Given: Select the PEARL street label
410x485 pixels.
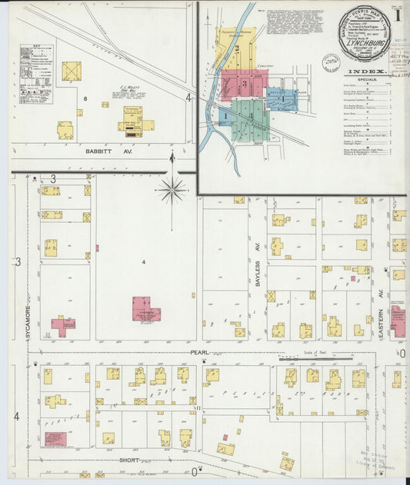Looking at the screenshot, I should point(198,351).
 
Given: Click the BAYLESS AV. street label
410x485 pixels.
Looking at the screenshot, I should point(258,273).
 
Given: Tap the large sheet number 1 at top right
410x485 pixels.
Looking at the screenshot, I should point(399,14).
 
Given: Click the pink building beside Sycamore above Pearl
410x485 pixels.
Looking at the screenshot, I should point(63,326).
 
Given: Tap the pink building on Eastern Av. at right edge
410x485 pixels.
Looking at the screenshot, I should point(398,319).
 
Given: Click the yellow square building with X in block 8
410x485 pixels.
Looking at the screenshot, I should point(72,71).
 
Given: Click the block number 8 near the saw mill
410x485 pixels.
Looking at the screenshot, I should point(86,99).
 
